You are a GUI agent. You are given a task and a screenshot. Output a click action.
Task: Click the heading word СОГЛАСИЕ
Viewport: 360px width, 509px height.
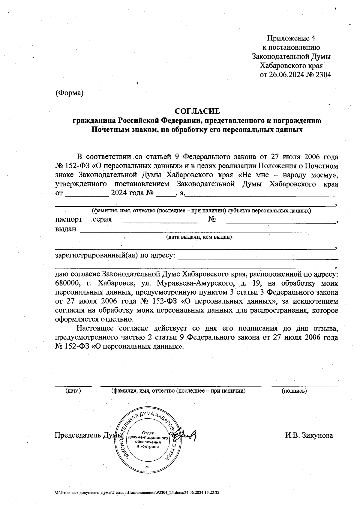point(197,111)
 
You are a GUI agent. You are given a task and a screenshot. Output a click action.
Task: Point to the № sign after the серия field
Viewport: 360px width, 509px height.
point(212,219)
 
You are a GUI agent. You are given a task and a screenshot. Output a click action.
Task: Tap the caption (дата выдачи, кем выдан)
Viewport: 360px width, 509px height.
point(199,237)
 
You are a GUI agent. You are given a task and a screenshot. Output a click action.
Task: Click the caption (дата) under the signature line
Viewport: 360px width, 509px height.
point(73,391)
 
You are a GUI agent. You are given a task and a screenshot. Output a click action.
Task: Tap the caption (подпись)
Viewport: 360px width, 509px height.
point(294,391)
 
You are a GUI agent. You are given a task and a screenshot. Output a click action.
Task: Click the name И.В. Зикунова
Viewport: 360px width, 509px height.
point(309,436)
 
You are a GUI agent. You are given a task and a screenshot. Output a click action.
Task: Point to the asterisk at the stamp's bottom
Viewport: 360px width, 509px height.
point(147,467)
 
